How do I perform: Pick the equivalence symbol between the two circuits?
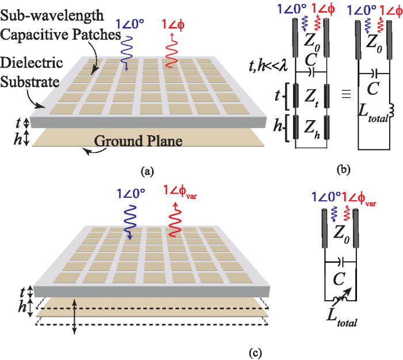[345, 94]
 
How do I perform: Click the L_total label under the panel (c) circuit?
[341, 319]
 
